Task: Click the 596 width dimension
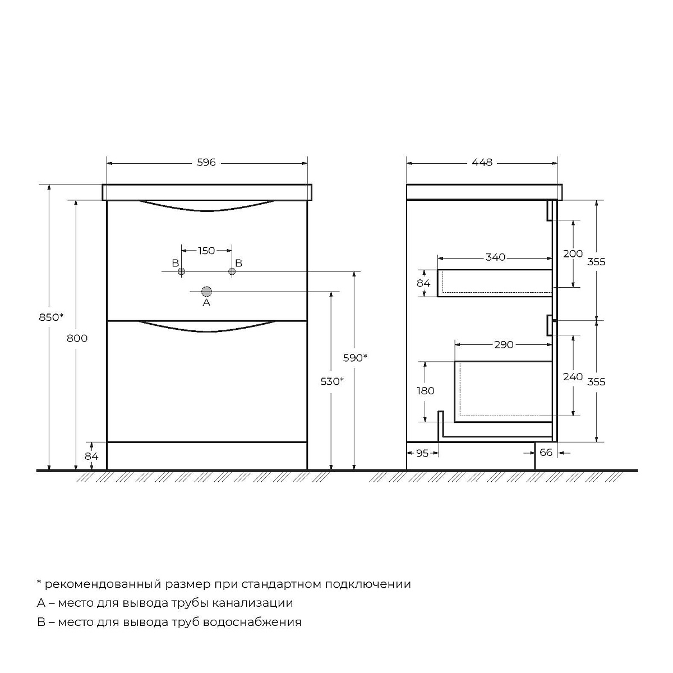206,163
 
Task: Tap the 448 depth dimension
482,163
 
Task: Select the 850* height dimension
52,317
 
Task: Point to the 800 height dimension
77,338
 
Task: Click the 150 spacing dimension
206,251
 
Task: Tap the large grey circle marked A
206,291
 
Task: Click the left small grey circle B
181,271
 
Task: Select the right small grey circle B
232,271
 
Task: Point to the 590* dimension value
355,358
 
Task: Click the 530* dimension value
332,381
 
